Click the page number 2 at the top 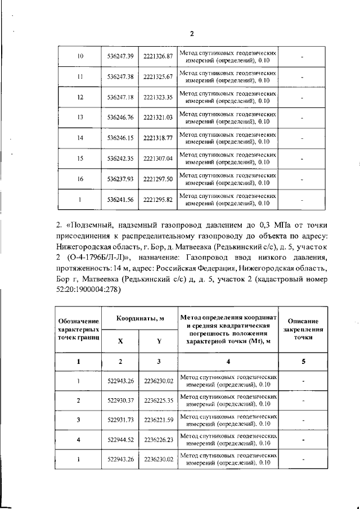pos(191,33)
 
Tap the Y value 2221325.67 pos(157,77)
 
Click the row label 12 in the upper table pos(80,97)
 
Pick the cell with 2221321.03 pos(157,118)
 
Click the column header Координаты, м pos(139,319)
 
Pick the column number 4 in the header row pos(228,362)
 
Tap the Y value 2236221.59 pos(158,420)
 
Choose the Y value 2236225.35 pos(158,400)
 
